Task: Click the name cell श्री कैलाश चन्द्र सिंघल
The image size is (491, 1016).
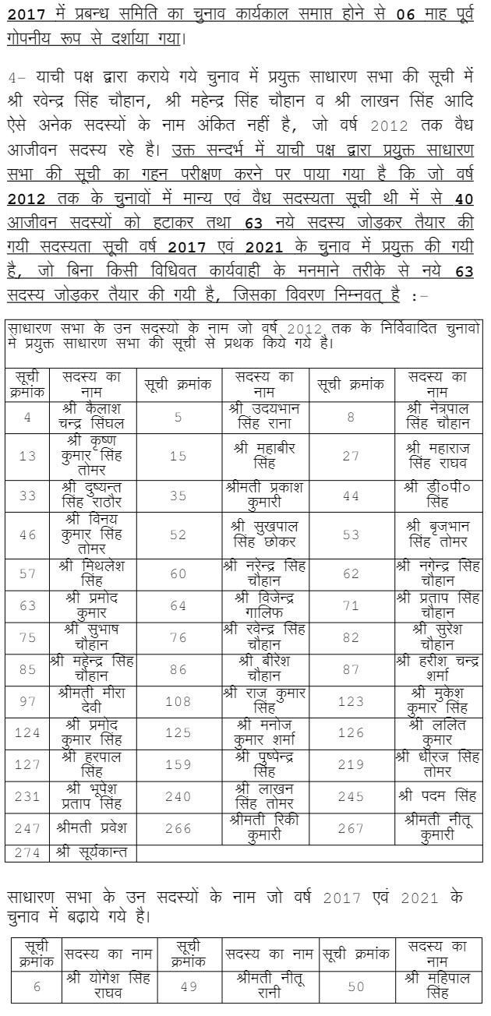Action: click(x=92, y=417)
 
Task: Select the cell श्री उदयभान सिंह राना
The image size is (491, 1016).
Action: click(x=265, y=417)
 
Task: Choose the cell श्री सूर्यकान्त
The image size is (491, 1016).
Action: click(x=92, y=852)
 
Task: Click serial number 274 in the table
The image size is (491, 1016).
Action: click(x=27, y=852)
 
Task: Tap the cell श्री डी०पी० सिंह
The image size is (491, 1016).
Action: click(x=437, y=496)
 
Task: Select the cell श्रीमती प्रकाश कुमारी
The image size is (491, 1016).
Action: click(x=265, y=496)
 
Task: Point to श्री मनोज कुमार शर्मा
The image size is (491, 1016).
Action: click(x=265, y=732)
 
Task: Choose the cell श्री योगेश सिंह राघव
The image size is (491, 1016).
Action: click(x=108, y=986)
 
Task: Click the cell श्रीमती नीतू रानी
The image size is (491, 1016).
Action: click(x=269, y=986)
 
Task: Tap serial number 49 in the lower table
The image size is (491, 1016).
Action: click(x=188, y=986)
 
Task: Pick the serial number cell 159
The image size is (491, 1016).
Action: click(x=178, y=764)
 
